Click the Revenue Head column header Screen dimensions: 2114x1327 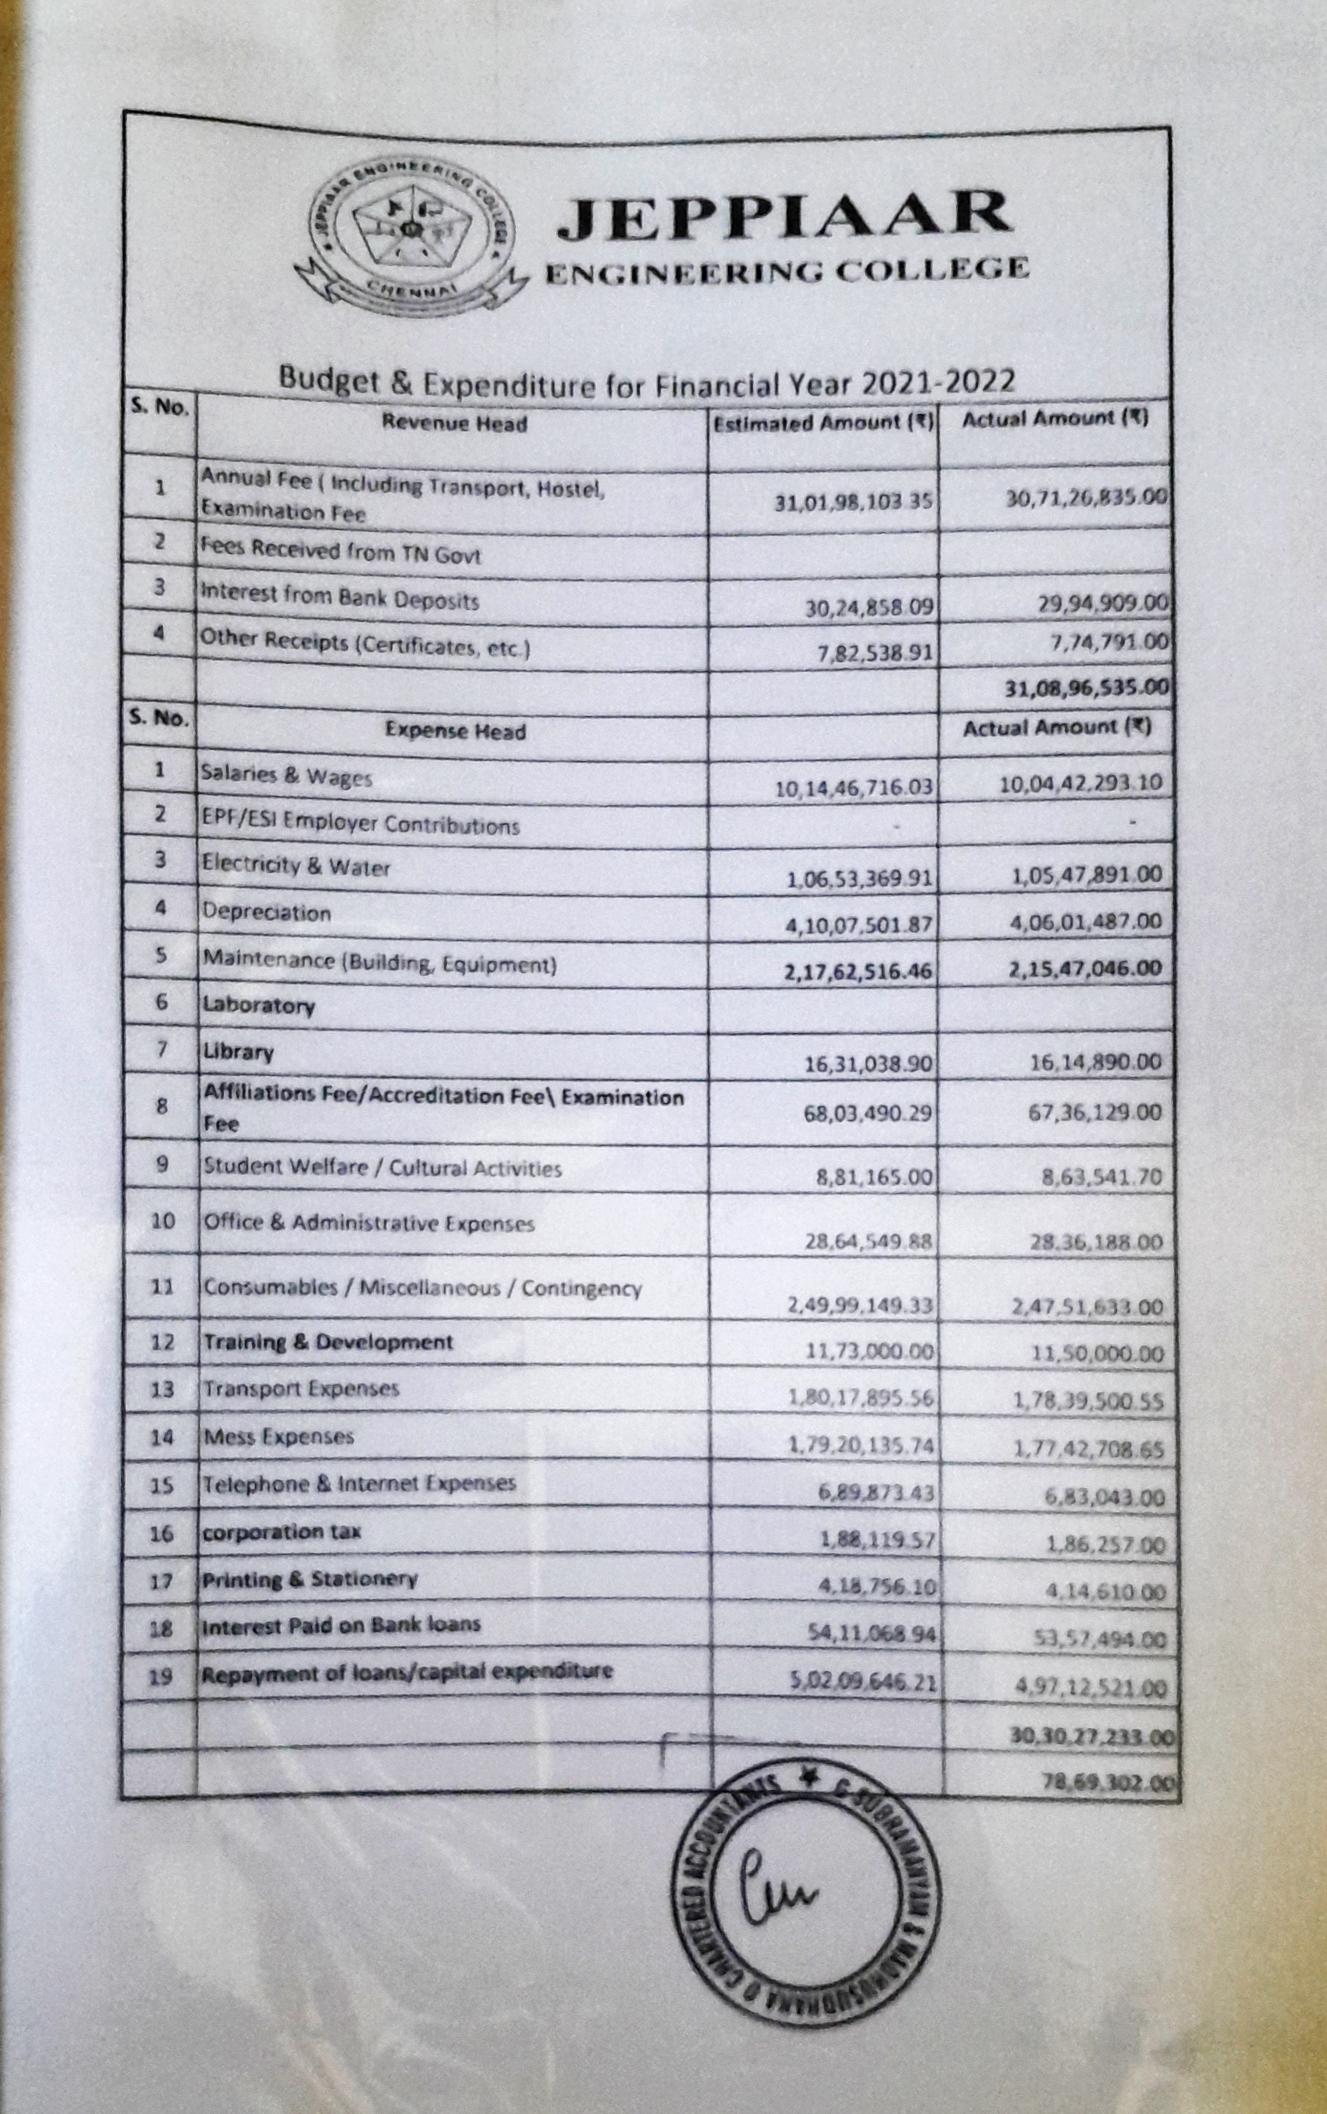click(x=454, y=423)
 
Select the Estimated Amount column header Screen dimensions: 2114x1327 click(x=822, y=423)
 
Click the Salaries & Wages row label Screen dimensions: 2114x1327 click(x=286, y=776)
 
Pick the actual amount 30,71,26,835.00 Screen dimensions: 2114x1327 click(x=1087, y=496)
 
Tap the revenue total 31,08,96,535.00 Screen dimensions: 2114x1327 click(x=1086, y=687)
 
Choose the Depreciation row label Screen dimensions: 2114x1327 click(x=266, y=912)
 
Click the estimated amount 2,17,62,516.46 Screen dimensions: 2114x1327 click(x=859, y=970)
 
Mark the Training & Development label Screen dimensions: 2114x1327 click(x=328, y=1342)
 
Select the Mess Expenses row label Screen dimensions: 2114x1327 click(x=279, y=1437)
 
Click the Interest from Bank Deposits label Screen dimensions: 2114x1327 click(x=340, y=598)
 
